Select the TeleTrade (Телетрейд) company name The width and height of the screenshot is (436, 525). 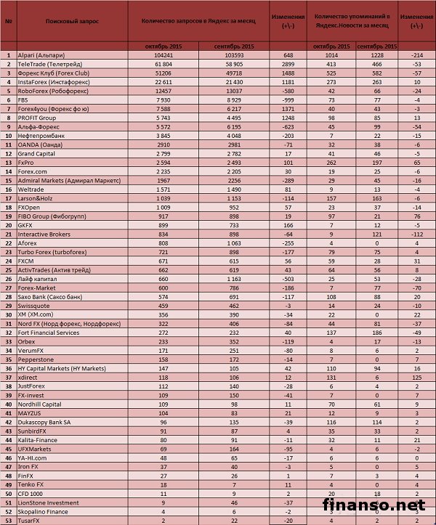(x=45, y=64)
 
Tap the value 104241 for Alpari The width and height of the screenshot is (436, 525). (x=162, y=55)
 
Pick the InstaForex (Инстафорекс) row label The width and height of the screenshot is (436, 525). (x=48, y=82)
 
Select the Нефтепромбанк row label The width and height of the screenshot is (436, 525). (x=40, y=135)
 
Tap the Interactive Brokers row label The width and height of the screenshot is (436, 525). (x=44, y=234)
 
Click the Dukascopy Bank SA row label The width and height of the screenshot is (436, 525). (x=44, y=420)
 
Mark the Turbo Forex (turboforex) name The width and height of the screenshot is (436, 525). (x=49, y=251)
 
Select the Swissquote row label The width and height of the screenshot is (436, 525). (x=35, y=305)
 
